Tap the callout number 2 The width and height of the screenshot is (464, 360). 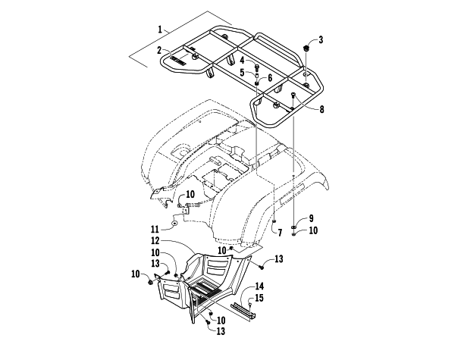click(x=160, y=50)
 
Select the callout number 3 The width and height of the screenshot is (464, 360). click(x=321, y=39)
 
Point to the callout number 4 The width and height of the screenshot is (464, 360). click(x=243, y=61)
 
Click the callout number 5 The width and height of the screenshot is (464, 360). click(x=243, y=73)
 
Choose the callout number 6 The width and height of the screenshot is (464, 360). click(x=269, y=77)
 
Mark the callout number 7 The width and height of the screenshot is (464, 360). click(x=281, y=231)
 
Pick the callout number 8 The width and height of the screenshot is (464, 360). click(x=321, y=110)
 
